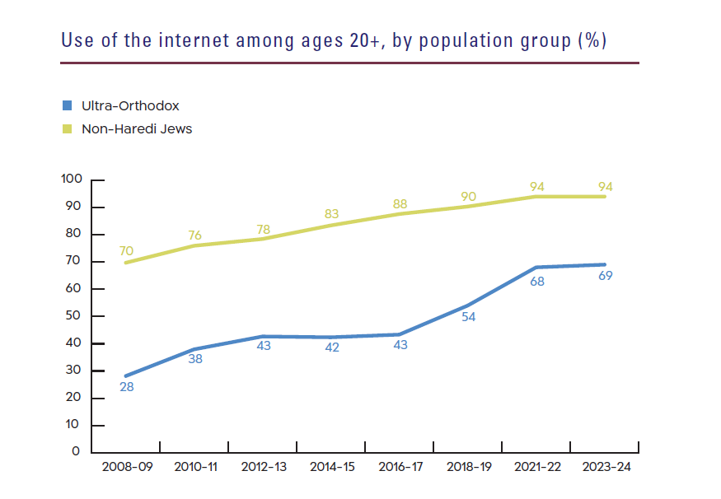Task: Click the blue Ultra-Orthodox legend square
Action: (68, 106)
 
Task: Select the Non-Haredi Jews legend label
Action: (136, 128)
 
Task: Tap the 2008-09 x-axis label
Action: (126, 468)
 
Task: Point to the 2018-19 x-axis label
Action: (470, 468)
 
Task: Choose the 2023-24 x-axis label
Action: (606, 468)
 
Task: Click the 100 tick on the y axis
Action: (72, 180)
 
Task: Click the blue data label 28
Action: (126, 386)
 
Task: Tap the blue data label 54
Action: (470, 316)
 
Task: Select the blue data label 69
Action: (606, 276)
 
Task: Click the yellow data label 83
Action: (332, 214)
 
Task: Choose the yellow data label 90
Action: (470, 196)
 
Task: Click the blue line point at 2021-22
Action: (537, 268)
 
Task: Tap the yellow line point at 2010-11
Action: (194, 245)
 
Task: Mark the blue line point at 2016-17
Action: (400, 334)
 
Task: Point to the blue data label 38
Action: (194, 359)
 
